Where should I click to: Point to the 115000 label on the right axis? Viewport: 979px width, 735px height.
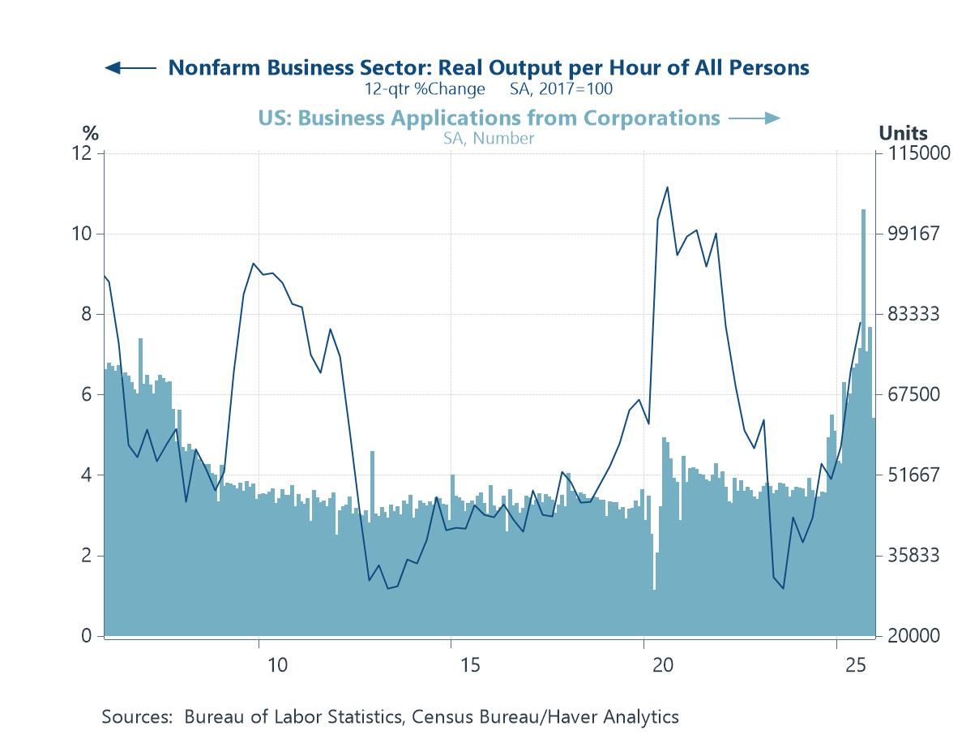click(918, 153)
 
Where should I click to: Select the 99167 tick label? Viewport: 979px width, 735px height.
click(914, 234)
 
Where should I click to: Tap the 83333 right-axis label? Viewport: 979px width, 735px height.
click(914, 314)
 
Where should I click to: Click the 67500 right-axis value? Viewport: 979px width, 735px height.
click(914, 394)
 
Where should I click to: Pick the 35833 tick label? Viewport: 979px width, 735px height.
click(914, 556)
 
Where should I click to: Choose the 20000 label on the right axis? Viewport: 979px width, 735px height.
click(914, 636)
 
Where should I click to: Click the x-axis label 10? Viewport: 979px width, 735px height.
click(277, 665)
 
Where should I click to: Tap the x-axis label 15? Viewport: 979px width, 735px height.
click(470, 665)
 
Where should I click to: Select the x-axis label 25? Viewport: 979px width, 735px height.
click(855, 665)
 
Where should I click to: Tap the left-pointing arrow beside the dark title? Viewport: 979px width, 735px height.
click(130, 68)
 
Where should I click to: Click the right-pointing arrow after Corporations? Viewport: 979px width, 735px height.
click(755, 118)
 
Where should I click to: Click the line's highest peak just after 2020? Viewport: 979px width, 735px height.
click(667, 187)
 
